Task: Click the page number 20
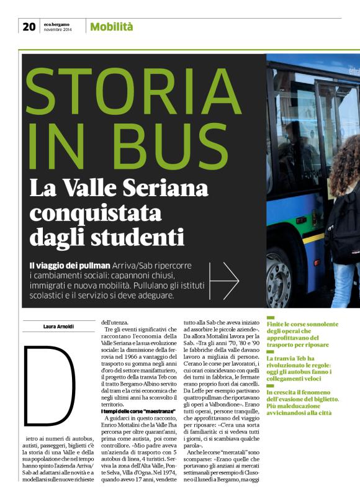coord(29,26)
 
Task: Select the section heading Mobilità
coord(112,26)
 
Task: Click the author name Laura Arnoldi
coord(59,327)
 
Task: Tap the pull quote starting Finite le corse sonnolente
coord(307,335)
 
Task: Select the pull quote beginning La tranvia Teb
coord(308,365)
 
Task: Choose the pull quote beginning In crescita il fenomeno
coord(309,399)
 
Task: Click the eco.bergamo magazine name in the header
coord(56,23)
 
